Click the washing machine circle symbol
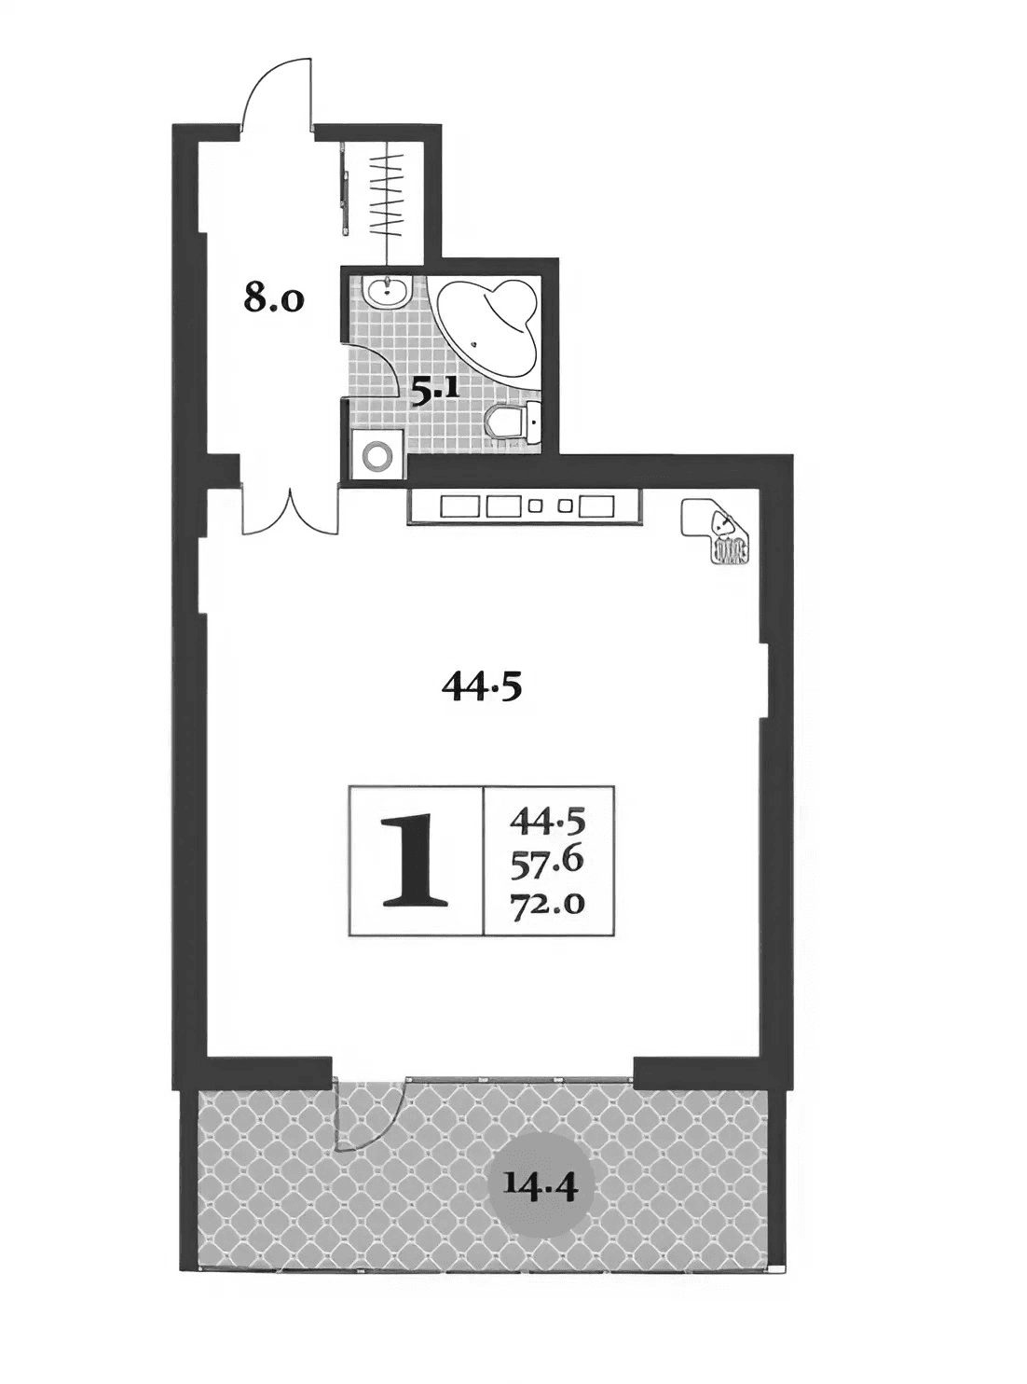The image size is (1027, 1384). point(378,456)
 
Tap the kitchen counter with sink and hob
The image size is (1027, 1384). point(525,507)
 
